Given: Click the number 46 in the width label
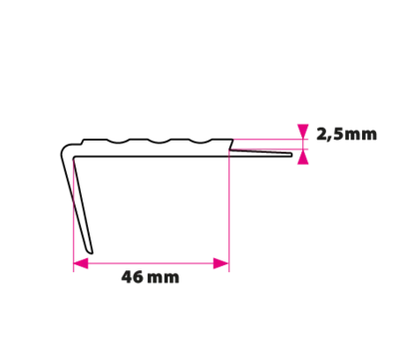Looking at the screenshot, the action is click(132, 277).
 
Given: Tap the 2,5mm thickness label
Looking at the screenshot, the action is click(346, 135).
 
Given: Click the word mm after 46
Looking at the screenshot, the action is click(163, 278).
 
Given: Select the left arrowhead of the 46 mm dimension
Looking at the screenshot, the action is click(81, 263).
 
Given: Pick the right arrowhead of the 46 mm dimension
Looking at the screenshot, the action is click(221, 263).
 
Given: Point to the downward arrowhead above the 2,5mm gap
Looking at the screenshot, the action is click(303, 132).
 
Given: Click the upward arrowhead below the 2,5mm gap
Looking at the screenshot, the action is click(303, 157).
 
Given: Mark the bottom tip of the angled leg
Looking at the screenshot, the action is click(91, 252).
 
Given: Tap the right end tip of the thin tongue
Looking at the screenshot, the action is click(290, 155).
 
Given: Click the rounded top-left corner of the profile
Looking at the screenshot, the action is click(64, 150).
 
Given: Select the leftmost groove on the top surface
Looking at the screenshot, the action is click(119, 142).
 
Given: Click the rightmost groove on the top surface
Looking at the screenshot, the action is click(200, 142).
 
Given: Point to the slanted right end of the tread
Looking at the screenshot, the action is click(230, 145).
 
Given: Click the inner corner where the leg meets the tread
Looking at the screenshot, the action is click(74, 157).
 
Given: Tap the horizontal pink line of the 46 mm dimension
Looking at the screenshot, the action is click(151, 263).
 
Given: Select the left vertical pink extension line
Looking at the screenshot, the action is click(74, 214).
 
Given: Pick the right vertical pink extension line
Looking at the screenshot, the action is click(229, 211).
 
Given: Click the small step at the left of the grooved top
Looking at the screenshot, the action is click(82, 142).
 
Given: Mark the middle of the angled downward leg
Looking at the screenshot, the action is click(78, 203).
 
